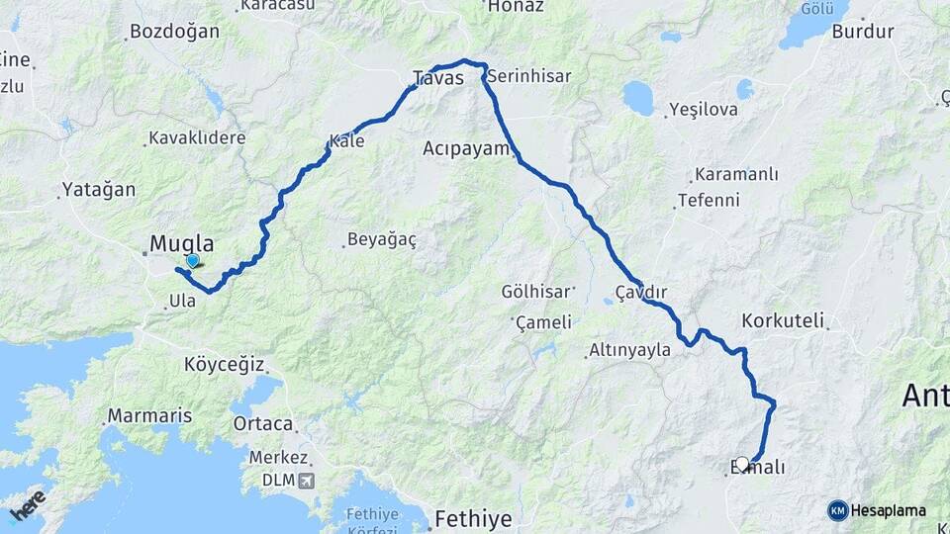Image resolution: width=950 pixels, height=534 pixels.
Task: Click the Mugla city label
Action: coord(181,243)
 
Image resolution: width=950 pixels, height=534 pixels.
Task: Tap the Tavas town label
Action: coord(437,77)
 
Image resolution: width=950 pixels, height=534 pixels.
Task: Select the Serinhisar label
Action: coord(529,75)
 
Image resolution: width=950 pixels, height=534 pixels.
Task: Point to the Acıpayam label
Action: coord(465,148)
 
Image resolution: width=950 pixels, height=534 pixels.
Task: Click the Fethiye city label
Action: coord(475,518)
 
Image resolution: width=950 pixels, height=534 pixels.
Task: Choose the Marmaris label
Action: coord(149,415)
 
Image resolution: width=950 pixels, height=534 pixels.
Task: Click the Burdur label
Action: coord(863,32)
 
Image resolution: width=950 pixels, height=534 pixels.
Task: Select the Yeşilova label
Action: coord(704,109)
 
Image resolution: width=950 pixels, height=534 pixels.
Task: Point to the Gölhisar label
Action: coord(536,292)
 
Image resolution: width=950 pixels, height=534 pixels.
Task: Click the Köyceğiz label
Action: coord(224,364)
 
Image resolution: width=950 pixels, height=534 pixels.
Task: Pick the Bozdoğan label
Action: coord(174,32)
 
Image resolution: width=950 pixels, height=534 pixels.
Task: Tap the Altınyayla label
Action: coord(629,350)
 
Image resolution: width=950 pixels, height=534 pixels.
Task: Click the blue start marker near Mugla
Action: coord(192,261)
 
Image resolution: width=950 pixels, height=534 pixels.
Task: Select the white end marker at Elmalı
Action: coord(742,463)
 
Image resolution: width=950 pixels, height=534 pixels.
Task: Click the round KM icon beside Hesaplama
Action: coord(837,510)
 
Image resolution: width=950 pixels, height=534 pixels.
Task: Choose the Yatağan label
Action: coord(98,189)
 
